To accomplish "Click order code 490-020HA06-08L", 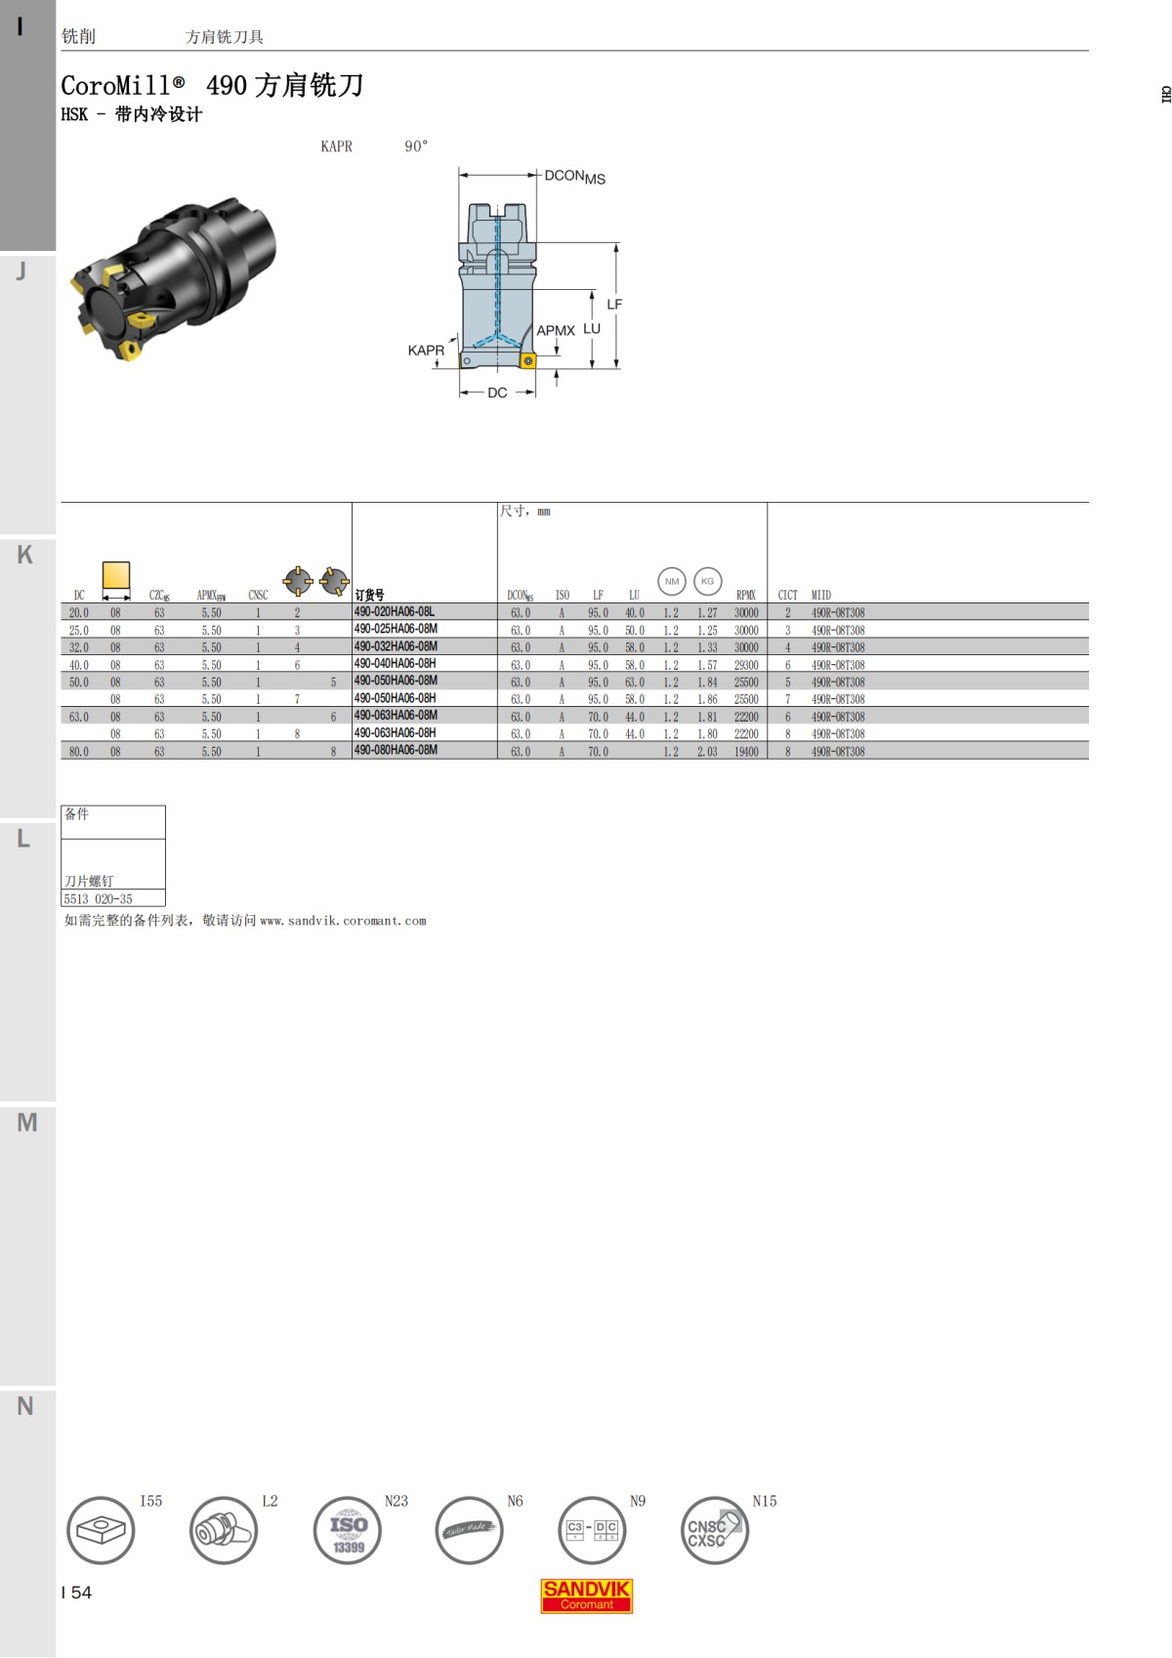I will [x=395, y=612].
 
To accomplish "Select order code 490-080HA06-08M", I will [x=396, y=751].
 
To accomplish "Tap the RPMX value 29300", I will [x=746, y=665].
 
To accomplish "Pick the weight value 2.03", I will [x=707, y=752].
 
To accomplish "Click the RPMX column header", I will [x=746, y=595].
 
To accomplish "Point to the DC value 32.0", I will [x=79, y=647].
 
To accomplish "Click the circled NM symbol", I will [x=672, y=581].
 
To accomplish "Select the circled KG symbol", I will [x=708, y=581].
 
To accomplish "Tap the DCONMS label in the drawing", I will [x=574, y=177].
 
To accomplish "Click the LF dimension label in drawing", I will [x=614, y=305].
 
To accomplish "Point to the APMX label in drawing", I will [x=556, y=331].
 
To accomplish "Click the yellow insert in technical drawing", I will [x=528, y=361].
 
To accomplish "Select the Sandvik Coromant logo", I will [x=587, y=1596].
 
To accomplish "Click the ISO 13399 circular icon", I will [x=348, y=1530].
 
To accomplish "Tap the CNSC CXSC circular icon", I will [x=714, y=1530].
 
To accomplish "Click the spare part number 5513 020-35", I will [x=99, y=899].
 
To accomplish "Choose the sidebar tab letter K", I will [x=25, y=556].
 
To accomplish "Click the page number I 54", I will [x=76, y=1593].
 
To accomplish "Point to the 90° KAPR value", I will [x=416, y=146].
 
